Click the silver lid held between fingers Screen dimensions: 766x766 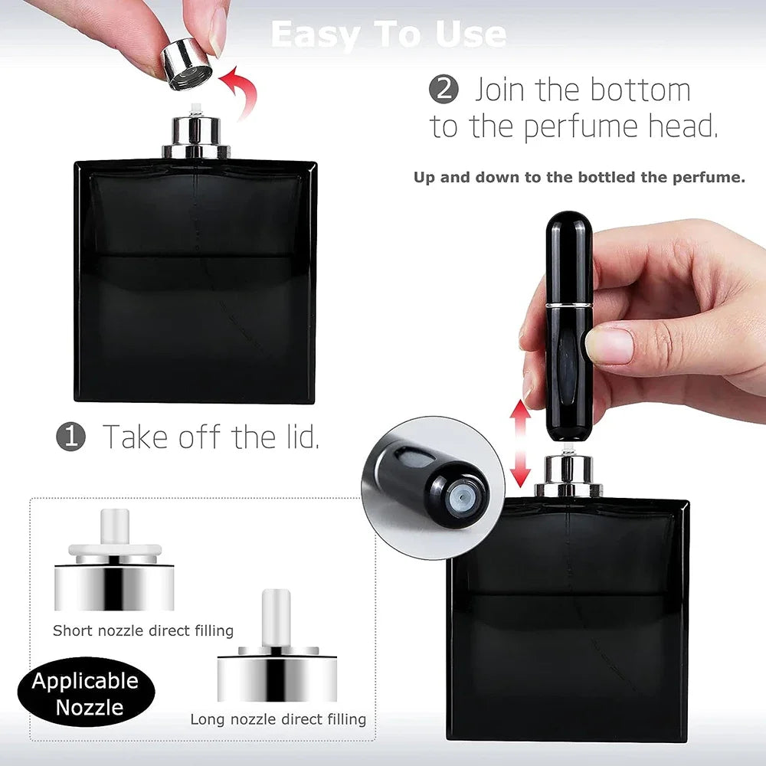coord(188,64)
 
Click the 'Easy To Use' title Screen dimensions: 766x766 coord(388,34)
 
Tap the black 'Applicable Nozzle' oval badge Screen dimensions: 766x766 coord(86,693)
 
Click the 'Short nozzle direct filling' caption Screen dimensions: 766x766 coord(143,631)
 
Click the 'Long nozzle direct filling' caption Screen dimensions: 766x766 coord(278,719)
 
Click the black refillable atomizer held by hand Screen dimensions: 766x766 coord(568,329)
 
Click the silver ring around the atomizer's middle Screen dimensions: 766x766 coord(568,304)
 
